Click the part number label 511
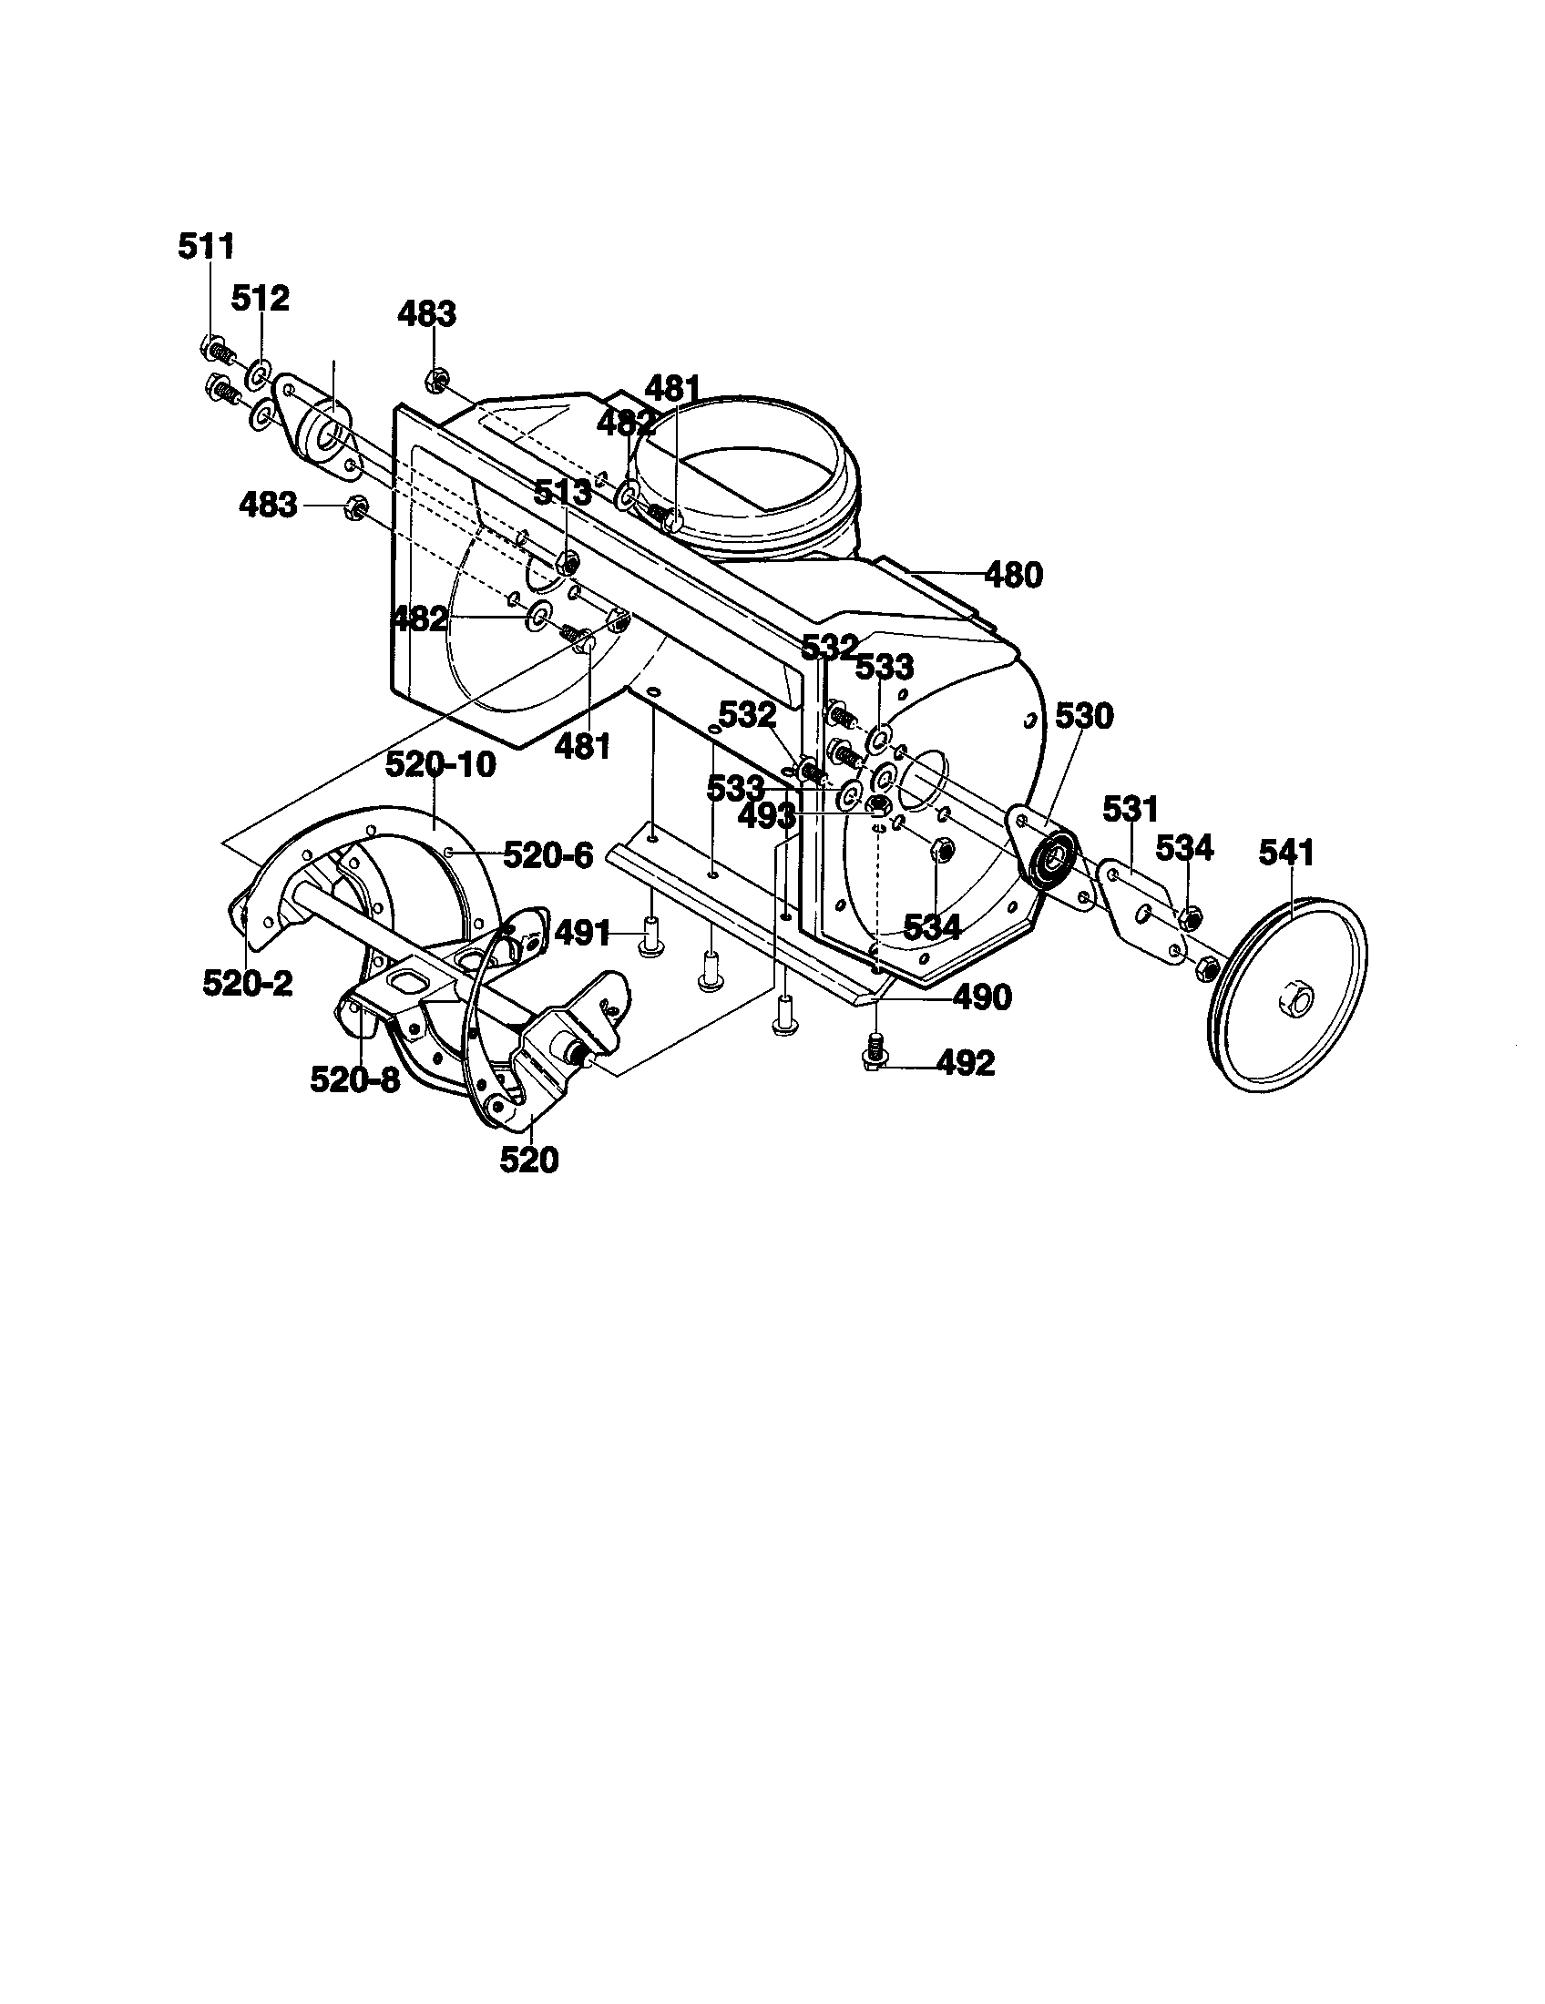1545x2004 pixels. click(206, 246)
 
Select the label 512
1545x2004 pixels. click(260, 298)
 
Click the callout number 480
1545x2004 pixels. click(1013, 576)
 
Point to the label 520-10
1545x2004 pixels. click(440, 764)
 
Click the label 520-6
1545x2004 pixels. click(548, 855)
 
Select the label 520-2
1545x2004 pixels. click(248, 983)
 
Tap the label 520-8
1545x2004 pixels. click(355, 1080)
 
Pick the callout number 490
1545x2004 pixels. click(982, 997)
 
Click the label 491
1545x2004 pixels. click(584, 934)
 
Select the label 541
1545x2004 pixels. click(1286, 853)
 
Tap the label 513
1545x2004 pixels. click(562, 492)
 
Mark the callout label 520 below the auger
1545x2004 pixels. click(529, 1160)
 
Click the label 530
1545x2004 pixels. click(1084, 715)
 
